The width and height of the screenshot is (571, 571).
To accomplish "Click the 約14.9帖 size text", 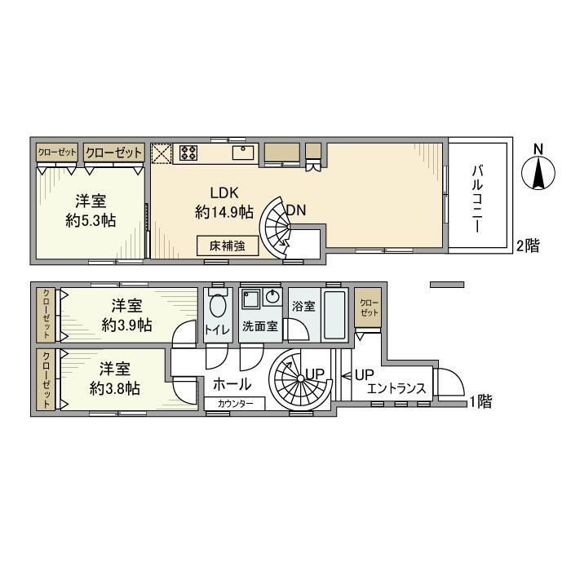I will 224,212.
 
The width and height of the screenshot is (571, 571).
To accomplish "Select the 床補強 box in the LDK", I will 228,244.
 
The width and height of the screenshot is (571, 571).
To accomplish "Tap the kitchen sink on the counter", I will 243,153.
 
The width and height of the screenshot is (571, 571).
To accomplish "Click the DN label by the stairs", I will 295,210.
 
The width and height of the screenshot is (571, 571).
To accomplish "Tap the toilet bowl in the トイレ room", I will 217,308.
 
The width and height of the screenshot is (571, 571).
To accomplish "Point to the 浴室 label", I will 303,308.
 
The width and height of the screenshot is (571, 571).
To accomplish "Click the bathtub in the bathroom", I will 335,315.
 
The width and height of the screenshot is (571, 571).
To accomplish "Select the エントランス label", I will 397,389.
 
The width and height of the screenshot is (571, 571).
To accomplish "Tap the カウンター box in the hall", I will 241,404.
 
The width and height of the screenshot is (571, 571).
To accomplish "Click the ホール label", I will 231,384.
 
